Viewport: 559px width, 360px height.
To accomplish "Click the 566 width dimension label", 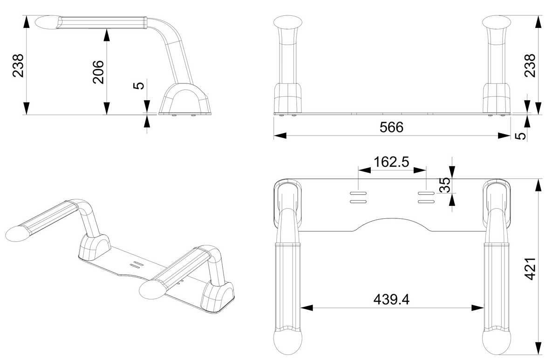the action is (x=391, y=127).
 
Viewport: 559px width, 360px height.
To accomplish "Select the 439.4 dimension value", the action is (x=391, y=299).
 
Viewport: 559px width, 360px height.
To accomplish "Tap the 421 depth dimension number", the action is (x=530, y=269).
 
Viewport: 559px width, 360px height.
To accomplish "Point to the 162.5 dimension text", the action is (x=391, y=162).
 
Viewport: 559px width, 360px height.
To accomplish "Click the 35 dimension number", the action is (x=444, y=185).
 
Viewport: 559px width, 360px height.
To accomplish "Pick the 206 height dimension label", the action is (x=98, y=72).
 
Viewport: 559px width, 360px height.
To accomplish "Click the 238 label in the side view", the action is (x=18, y=66).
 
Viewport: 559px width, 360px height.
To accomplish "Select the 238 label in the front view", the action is (x=530, y=66).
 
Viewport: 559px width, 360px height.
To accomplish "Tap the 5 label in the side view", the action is (x=139, y=86).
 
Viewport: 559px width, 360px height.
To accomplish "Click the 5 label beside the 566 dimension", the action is (x=521, y=136).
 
